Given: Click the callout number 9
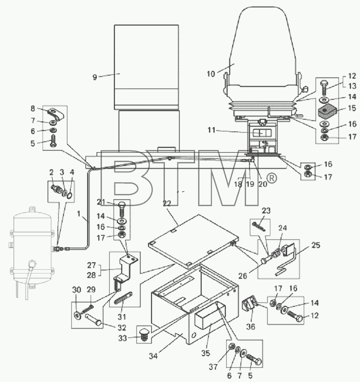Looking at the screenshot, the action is click(95, 77).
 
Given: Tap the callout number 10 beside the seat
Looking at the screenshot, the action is click(211, 73).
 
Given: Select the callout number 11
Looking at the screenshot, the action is click(212, 131).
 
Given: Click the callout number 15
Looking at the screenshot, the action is click(352, 108).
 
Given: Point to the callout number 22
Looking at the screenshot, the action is click(167, 203).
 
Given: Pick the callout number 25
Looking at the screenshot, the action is click(316, 245).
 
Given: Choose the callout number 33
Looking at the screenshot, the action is click(123, 338).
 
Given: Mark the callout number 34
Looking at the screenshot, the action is click(153, 356).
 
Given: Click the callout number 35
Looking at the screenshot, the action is click(205, 353).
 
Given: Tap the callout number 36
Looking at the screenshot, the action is click(251, 326).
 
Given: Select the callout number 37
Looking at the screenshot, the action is click(213, 366).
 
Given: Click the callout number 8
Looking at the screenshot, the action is click(33, 108).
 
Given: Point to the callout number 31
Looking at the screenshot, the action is click(122, 317).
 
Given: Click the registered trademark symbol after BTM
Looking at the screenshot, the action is click(272, 178).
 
